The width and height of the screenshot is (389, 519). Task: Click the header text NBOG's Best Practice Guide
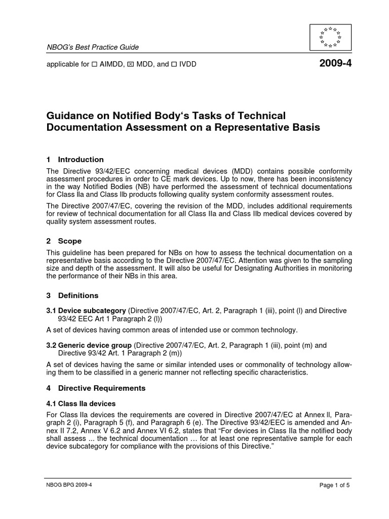point(93,47)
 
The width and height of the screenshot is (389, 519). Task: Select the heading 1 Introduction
point(75,160)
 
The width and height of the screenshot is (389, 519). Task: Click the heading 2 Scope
point(64,241)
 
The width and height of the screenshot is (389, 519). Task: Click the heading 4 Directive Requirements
point(96,388)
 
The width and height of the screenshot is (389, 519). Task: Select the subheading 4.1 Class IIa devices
point(81,404)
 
